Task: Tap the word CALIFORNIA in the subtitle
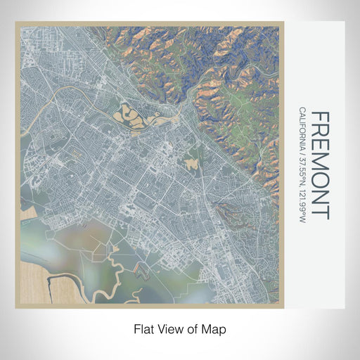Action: [302, 129]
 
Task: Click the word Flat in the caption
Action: [143, 328]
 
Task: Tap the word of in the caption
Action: [191, 328]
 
